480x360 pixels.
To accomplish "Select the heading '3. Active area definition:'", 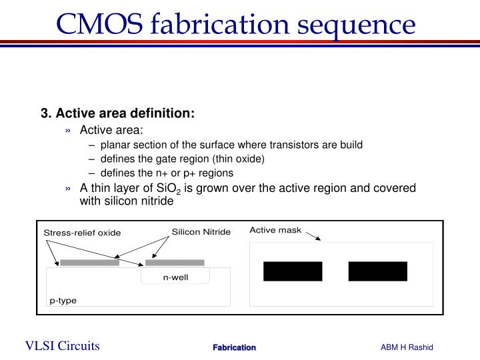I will point(118,114).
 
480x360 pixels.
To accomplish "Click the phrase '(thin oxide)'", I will point(241,159).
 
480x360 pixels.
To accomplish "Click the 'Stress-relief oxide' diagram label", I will point(82,233).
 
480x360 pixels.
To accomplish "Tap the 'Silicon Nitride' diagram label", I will point(201,232).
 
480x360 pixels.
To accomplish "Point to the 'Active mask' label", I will point(275,230).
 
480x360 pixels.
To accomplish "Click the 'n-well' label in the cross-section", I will point(177,277).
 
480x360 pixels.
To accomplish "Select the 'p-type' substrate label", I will point(63,301).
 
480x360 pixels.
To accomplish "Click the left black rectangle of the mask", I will point(293,271).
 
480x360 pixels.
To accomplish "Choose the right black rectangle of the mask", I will point(377,271).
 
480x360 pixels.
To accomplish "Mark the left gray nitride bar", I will point(89,263).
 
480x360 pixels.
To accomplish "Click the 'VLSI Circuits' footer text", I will point(63,345).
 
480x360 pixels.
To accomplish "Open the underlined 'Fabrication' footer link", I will point(234,347).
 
